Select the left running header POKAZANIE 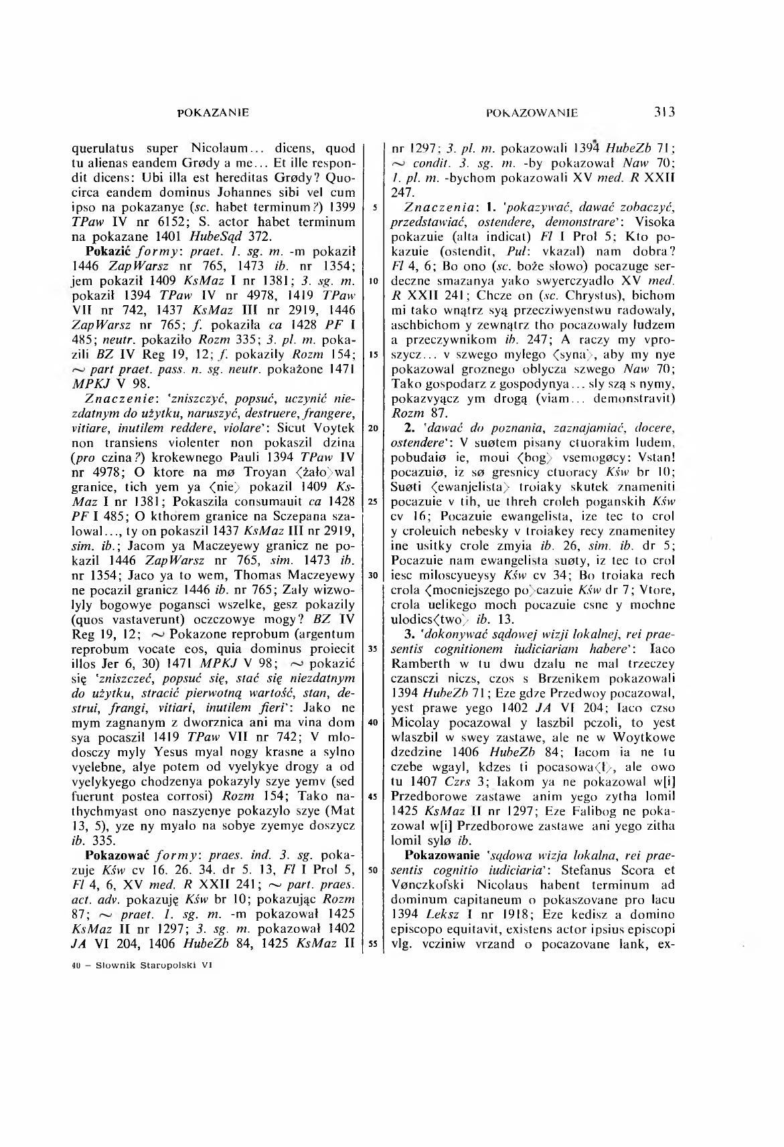213,112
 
